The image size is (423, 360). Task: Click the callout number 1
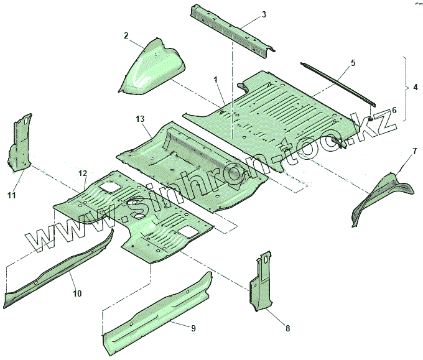coord(215,80)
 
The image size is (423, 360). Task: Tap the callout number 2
coord(126,35)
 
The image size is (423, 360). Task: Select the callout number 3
coord(264,14)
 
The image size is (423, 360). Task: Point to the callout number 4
coord(415,88)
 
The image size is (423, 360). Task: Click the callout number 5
coord(353,63)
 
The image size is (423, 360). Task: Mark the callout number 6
coord(393,110)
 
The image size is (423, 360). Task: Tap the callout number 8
coord(287,328)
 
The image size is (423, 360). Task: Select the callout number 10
coord(78,292)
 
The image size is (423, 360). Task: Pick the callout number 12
coord(82,173)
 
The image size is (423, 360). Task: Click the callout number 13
coord(140,118)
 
